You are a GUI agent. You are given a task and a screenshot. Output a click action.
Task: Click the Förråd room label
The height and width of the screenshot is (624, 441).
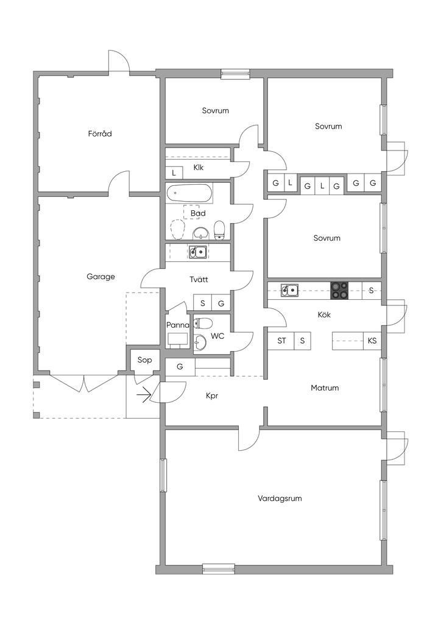pyautogui.click(x=100, y=133)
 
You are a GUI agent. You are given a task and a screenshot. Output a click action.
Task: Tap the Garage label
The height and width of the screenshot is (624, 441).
pyautogui.click(x=101, y=277)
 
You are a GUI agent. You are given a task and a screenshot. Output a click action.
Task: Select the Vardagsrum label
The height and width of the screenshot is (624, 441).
pyautogui.click(x=280, y=498)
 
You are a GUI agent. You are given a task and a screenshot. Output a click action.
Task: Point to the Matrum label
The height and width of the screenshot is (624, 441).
pyautogui.click(x=324, y=388)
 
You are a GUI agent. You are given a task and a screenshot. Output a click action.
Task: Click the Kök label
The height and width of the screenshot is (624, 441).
pyautogui.click(x=325, y=315)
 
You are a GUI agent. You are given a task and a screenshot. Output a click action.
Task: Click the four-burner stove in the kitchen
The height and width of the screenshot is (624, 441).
pyautogui.click(x=340, y=291)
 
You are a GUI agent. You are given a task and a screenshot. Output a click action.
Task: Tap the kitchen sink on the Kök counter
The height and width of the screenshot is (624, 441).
pyautogui.click(x=290, y=290)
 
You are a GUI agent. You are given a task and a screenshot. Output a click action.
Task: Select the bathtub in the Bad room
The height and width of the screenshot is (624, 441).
pyautogui.click(x=189, y=194)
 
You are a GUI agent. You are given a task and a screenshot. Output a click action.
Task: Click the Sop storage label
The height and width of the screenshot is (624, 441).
pyautogui.click(x=144, y=360)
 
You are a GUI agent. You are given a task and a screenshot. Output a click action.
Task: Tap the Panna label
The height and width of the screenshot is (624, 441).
pyautogui.click(x=178, y=325)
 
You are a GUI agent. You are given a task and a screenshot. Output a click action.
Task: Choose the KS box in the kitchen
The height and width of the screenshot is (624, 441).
pyautogui.click(x=372, y=341)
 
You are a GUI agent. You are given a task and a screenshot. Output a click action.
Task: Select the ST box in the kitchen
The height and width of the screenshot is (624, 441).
pyautogui.click(x=281, y=341)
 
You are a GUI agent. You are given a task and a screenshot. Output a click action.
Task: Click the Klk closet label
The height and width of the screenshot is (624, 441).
pyautogui.click(x=199, y=168)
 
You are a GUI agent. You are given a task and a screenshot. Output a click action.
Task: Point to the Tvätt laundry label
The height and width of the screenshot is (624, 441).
pyautogui.click(x=199, y=280)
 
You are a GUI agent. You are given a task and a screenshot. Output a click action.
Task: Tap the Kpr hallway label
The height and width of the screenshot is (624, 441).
pyautogui.click(x=212, y=395)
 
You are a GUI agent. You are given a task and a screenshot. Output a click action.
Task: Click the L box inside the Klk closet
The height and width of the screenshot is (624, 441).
pyautogui.click(x=174, y=173)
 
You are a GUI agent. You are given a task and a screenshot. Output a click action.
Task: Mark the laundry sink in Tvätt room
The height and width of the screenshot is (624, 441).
pyautogui.click(x=197, y=251)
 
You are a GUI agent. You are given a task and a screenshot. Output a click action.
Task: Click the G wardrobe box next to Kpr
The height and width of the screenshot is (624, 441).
pyautogui.click(x=180, y=367)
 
